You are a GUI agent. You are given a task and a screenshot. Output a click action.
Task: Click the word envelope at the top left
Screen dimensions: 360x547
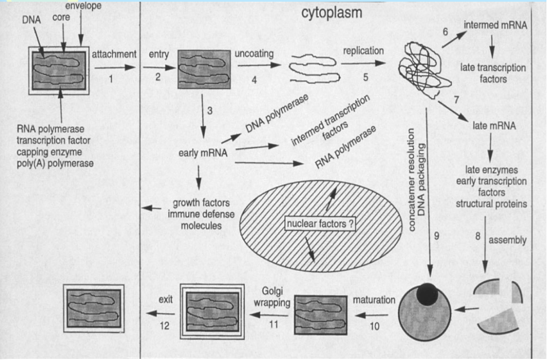click(80, 6)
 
